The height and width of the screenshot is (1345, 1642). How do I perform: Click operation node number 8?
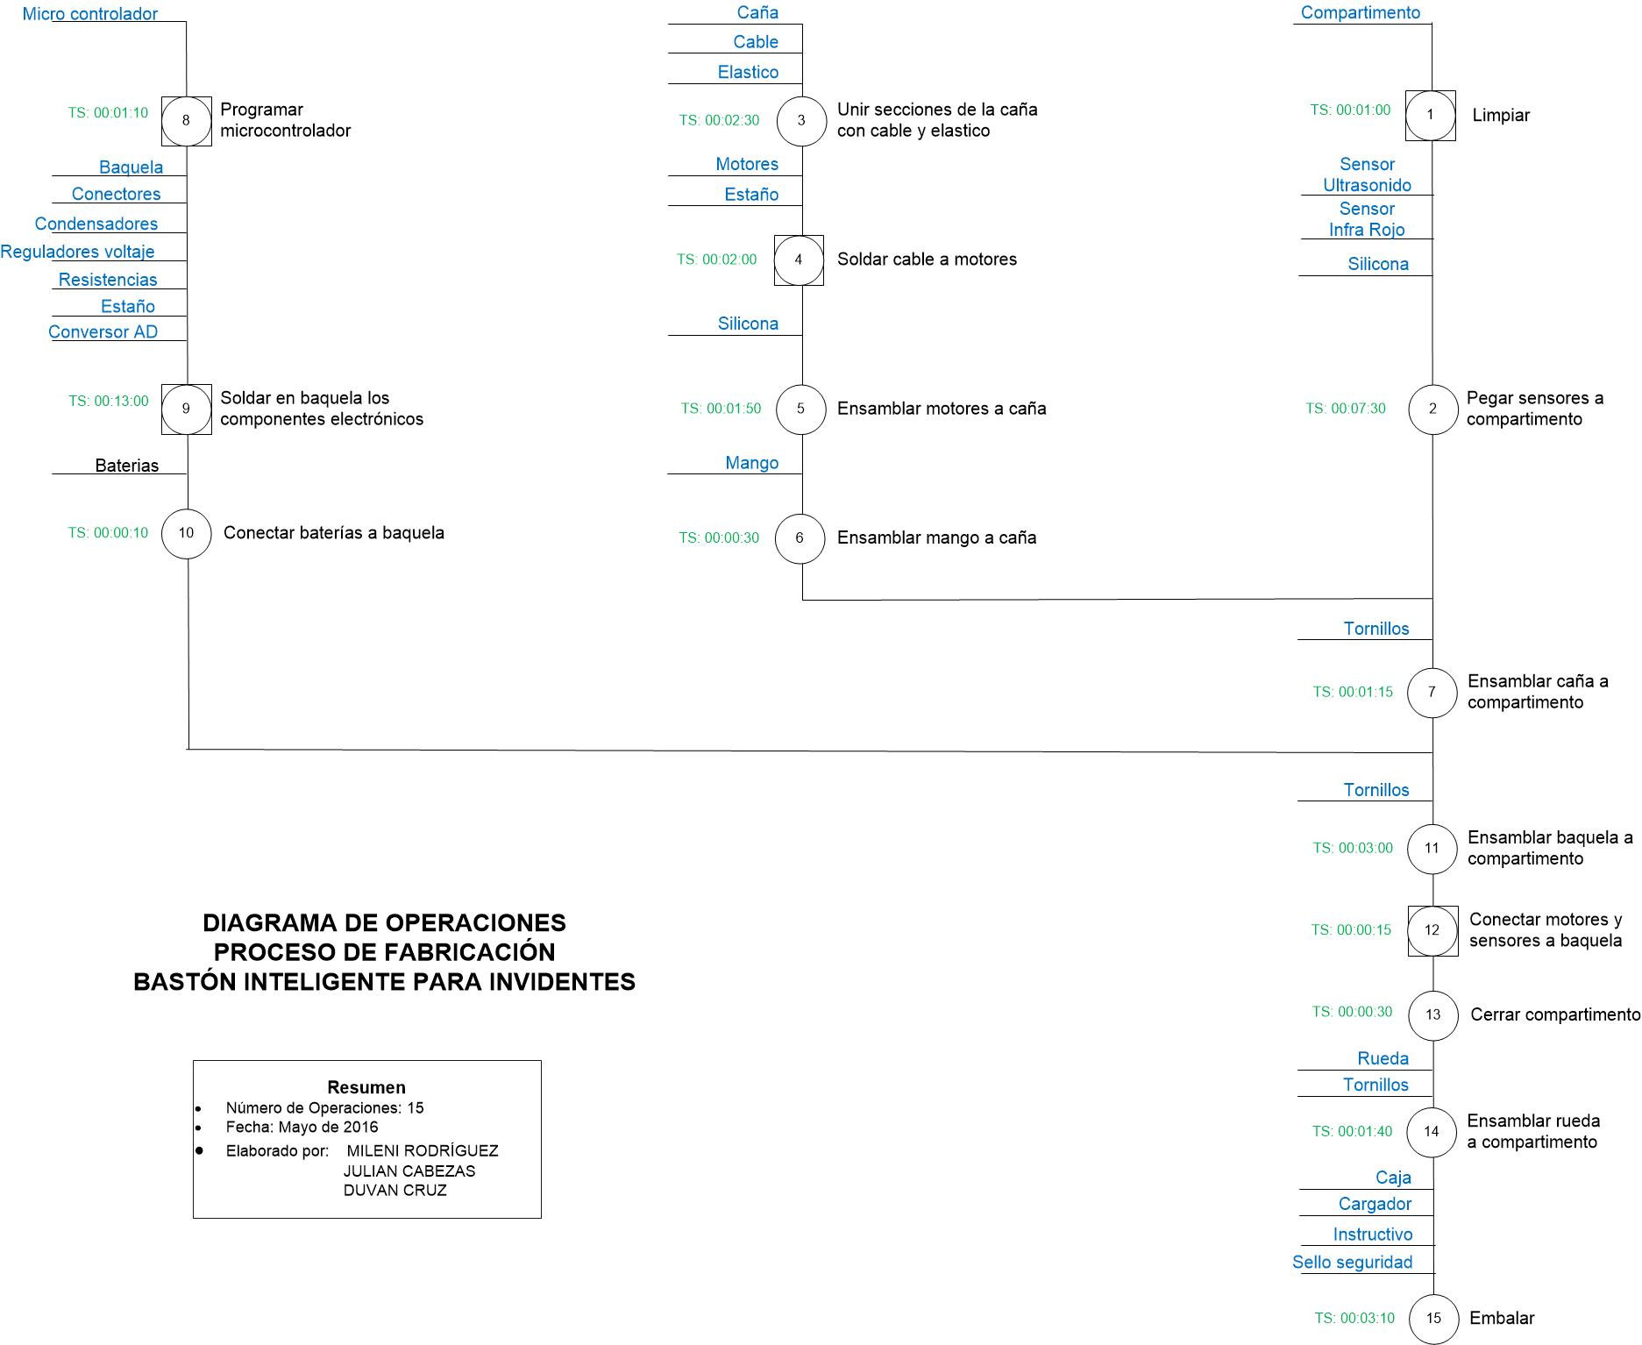click(186, 120)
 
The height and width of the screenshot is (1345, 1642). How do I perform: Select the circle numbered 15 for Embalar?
click(1432, 1318)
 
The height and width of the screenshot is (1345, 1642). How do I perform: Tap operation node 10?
click(186, 533)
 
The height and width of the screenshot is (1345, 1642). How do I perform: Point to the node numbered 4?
click(799, 260)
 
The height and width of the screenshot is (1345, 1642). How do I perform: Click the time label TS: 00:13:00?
click(109, 401)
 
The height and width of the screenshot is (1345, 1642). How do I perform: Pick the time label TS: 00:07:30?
click(1346, 409)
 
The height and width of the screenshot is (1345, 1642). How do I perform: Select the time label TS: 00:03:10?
click(1354, 1318)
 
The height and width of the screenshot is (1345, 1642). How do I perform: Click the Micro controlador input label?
click(90, 14)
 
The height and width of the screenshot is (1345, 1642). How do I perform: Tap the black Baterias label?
click(127, 466)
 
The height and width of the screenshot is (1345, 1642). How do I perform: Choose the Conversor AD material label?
click(103, 331)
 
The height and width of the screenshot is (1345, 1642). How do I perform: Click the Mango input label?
click(752, 463)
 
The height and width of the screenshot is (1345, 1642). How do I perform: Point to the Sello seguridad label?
click(1353, 1262)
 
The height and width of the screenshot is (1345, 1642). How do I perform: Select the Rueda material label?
click(1383, 1058)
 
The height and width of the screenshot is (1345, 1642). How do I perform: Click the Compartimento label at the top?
click(1361, 12)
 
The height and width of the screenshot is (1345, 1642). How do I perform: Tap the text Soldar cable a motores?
click(927, 260)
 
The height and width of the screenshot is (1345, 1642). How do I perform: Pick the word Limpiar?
click(1501, 115)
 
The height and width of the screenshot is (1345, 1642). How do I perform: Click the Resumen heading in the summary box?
click(366, 1087)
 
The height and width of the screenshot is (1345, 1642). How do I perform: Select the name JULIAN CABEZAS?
click(409, 1171)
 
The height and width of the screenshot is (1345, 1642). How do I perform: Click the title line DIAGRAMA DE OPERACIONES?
click(384, 922)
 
